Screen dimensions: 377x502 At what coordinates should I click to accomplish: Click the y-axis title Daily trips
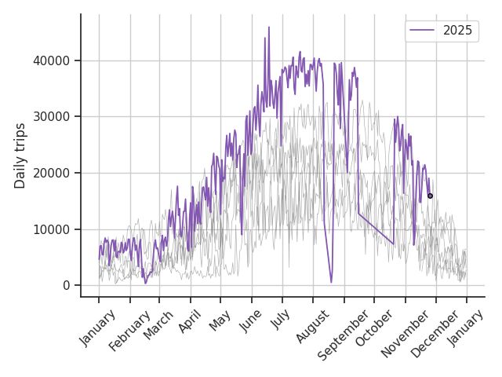[20, 156]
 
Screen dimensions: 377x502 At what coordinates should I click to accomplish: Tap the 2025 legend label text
[458, 31]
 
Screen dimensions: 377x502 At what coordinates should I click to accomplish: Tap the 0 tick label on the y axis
[67, 285]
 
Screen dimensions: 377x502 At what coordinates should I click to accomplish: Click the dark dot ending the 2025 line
[430, 196]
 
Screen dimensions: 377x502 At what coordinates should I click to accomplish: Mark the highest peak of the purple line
[268, 27]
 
